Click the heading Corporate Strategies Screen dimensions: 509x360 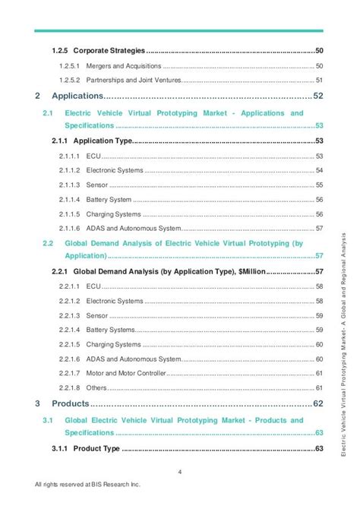click(x=109, y=50)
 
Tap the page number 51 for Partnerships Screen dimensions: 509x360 click(x=320, y=81)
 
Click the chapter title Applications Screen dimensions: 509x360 click(x=77, y=96)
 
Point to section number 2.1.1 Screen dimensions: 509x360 click(x=60, y=141)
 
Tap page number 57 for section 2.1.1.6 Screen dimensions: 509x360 click(x=320, y=229)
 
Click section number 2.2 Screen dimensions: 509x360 click(x=47, y=243)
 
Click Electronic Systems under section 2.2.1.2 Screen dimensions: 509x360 click(x=115, y=301)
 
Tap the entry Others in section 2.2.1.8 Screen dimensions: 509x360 click(x=96, y=387)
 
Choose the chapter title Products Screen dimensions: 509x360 click(x=70, y=403)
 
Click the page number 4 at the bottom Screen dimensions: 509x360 click(x=179, y=472)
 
